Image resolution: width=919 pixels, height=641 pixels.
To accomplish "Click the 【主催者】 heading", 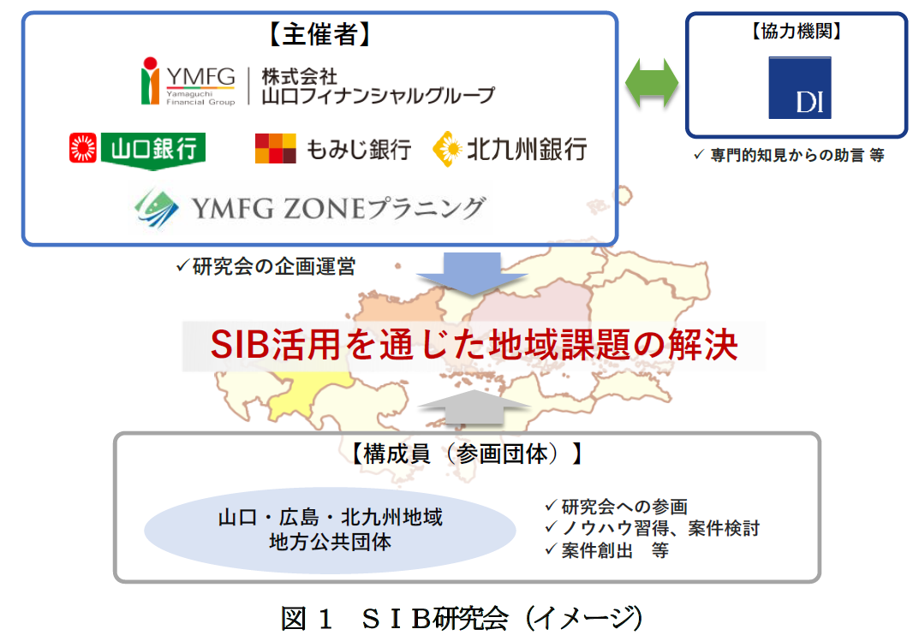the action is click(319, 34).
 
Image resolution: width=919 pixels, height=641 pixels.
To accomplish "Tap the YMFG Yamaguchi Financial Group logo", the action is click(188, 81).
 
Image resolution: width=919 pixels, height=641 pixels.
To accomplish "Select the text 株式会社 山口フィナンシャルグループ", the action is click(378, 86).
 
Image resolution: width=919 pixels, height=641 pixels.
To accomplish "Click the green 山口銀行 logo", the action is click(153, 150).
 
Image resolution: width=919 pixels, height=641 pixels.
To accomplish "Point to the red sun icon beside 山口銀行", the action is click(82, 147).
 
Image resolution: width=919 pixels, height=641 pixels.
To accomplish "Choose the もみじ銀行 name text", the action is click(359, 149).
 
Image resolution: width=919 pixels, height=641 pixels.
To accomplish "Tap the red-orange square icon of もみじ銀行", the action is click(276, 148).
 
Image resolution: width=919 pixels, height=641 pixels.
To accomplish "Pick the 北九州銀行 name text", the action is click(527, 149).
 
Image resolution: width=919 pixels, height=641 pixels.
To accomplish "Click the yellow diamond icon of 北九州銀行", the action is click(448, 149).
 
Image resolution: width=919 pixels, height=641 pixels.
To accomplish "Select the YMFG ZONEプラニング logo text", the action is click(338, 209).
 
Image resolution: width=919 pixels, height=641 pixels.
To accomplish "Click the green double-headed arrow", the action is click(652, 83).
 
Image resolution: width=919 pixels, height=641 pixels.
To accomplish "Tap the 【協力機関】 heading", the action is click(797, 31).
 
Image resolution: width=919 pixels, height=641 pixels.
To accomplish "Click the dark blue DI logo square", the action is click(800, 87).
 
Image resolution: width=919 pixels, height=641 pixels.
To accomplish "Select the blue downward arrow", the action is click(472, 273).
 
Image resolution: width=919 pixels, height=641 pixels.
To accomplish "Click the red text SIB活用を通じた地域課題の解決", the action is click(474, 344).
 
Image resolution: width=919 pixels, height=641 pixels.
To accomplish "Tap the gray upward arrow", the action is click(474, 407).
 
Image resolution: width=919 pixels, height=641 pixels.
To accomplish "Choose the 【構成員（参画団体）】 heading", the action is click(467, 454).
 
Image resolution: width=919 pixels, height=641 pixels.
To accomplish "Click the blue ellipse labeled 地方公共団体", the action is click(330, 530).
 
